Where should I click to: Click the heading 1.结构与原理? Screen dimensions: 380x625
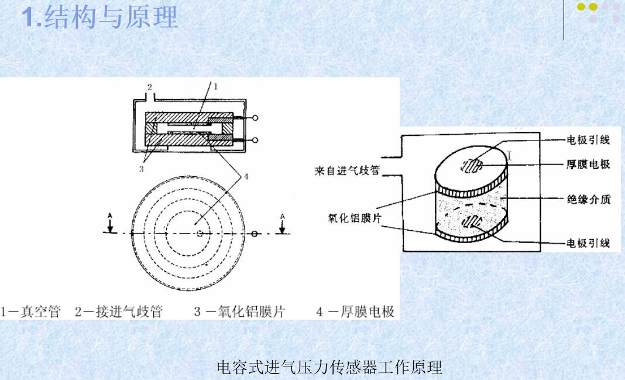[99, 18]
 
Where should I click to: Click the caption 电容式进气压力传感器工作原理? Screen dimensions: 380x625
[329, 367]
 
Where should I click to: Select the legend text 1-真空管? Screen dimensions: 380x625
[30, 311]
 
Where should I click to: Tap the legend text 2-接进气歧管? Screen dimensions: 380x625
[118, 311]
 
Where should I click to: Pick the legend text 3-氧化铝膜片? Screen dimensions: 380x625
[239, 311]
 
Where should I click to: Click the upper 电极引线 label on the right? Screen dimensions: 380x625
[588, 140]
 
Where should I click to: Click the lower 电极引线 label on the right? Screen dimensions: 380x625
[588, 242]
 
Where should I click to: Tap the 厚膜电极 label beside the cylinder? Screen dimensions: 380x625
[588, 164]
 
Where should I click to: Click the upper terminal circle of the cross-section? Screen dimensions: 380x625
[255, 118]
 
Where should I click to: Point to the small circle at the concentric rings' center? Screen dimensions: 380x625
[200, 233]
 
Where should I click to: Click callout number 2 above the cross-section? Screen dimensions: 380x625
[149, 87]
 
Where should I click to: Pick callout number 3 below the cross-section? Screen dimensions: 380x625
[140, 169]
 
